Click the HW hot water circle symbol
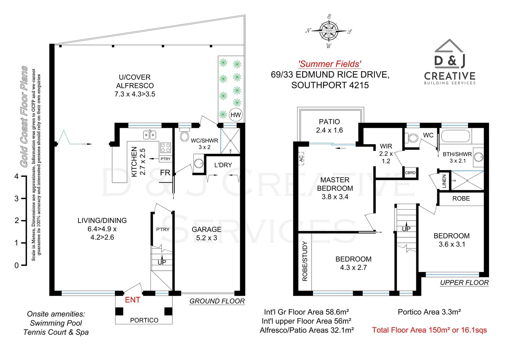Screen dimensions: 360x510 [235, 115]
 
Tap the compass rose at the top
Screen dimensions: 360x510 [329, 31]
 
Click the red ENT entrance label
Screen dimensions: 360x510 [132, 300]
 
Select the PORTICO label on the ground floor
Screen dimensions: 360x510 [144, 320]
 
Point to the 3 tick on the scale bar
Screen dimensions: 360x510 [23, 199]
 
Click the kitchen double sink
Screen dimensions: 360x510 [150, 135]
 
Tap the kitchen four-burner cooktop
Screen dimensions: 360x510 [165, 147]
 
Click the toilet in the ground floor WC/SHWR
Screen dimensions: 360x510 [184, 135]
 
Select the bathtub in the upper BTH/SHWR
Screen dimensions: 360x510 [455, 136]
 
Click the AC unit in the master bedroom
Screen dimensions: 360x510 [302, 158]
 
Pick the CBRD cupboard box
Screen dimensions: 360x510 [410, 173]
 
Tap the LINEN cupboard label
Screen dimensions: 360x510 [444, 181]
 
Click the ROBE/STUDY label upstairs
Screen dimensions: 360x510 [305, 261]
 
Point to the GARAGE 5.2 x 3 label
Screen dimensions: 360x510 [206, 233]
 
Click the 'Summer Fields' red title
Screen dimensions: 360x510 [330, 64]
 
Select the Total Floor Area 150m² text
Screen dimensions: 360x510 [429, 330]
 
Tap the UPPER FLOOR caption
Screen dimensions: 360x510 [464, 283]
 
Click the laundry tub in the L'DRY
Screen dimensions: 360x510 [199, 163]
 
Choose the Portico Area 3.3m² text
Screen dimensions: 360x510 [429, 312]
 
